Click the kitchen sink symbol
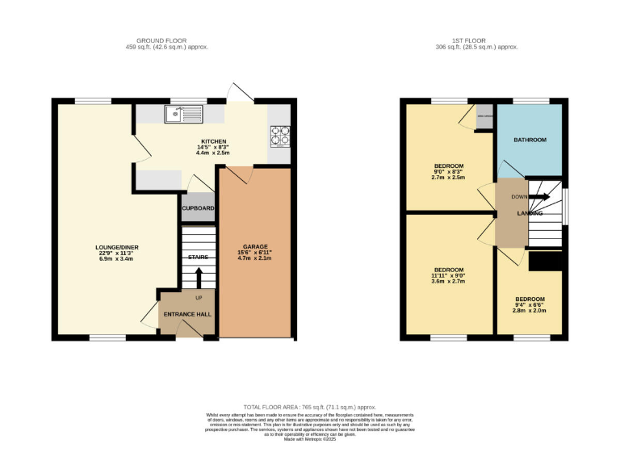(x=183, y=115)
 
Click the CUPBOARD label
(x=198, y=208)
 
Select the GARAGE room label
(x=255, y=246)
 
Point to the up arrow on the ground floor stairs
(x=199, y=277)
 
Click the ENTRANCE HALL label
(x=187, y=314)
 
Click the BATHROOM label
(x=530, y=140)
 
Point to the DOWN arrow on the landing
(x=539, y=196)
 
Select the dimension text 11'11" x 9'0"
(x=449, y=276)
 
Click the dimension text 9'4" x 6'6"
(x=530, y=304)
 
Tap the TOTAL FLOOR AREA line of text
(x=310, y=408)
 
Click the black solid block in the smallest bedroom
(x=545, y=262)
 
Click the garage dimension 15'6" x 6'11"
(x=255, y=253)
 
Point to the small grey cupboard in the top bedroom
(x=484, y=113)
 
